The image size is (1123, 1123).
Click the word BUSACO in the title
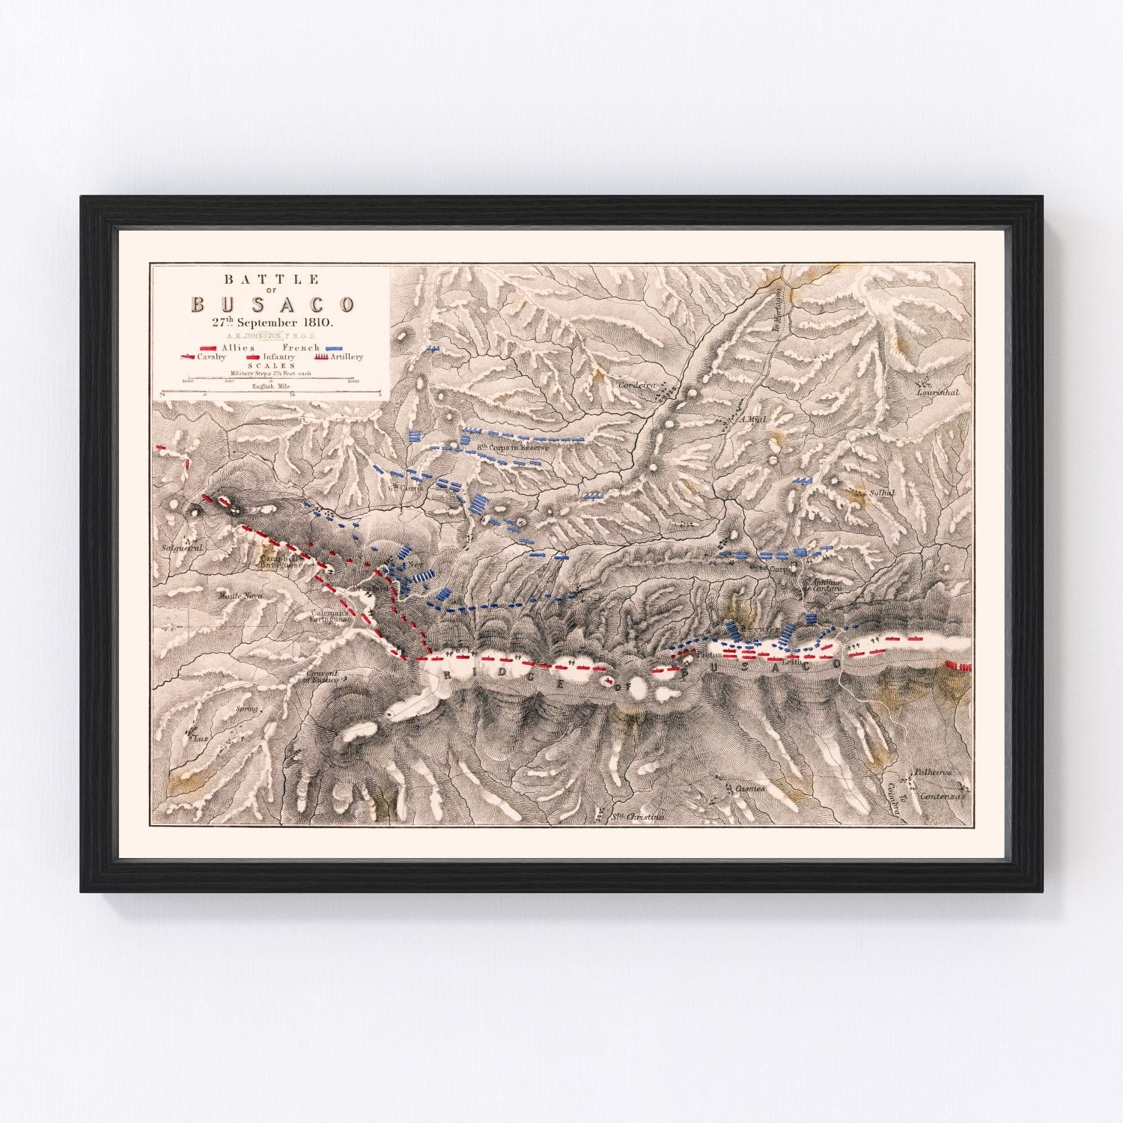(273, 305)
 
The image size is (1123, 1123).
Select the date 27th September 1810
(273, 323)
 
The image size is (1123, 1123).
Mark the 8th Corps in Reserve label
(514, 448)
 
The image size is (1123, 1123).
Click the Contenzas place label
(945, 796)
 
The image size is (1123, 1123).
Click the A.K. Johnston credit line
(273, 336)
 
